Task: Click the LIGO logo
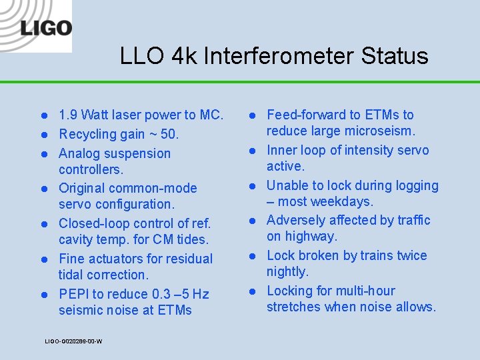pos(45,27)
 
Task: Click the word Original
pos(81,189)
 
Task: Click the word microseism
pos(382,131)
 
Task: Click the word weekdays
pos(344,201)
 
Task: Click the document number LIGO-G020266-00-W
pos(73,341)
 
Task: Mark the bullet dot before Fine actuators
pos(43,259)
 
